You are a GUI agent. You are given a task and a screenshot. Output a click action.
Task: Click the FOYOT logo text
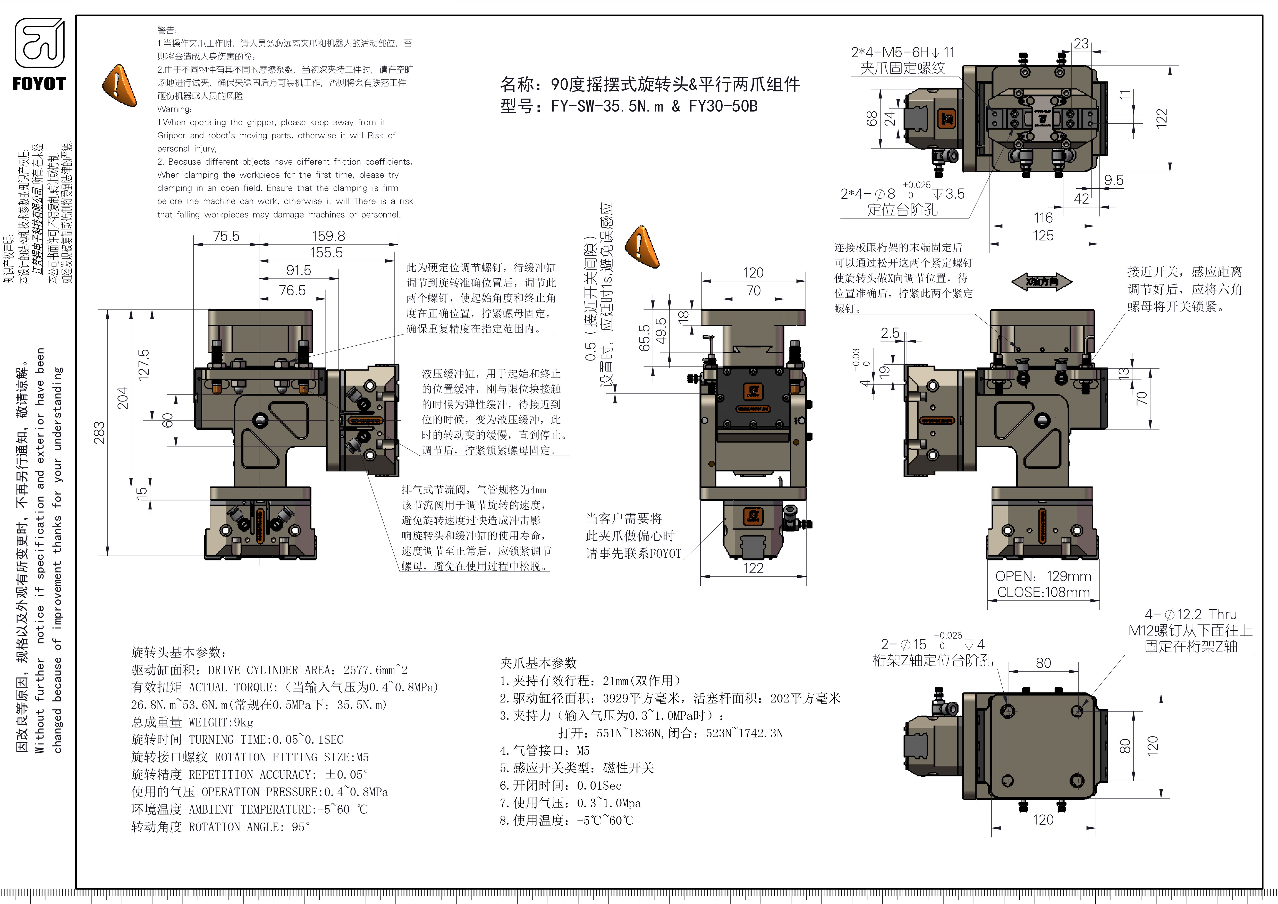[x=39, y=84]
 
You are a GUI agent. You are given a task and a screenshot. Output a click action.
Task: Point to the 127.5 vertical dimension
[x=143, y=365]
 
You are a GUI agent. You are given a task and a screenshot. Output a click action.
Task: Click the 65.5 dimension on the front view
[x=644, y=338]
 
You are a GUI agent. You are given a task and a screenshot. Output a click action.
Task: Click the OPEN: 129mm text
[x=1043, y=576]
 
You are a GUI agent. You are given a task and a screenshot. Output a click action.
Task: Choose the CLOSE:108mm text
[x=1043, y=592]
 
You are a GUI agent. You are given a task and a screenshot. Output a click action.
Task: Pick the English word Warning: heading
[x=174, y=109]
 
